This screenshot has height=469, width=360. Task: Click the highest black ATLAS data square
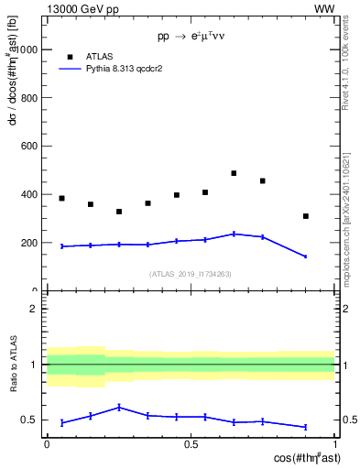point(234,173)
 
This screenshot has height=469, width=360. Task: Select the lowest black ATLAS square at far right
point(306,216)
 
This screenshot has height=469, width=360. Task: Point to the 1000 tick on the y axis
point(27,49)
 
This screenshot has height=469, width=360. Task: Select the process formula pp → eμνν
point(191,37)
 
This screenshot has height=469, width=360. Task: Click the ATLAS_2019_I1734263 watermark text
point(190,274)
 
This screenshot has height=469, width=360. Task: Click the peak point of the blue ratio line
point(119,407)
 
